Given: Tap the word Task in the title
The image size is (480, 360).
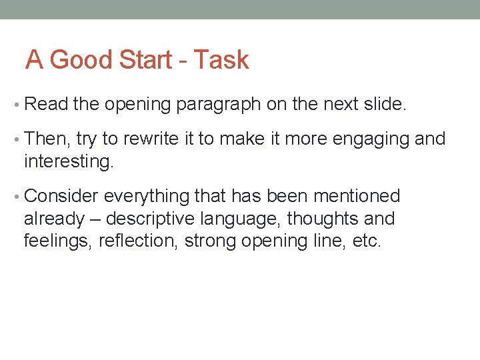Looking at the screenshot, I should coord(222,60).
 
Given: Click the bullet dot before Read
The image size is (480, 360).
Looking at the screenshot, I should coord(17,105).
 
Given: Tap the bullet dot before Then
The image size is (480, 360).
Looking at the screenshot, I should coord(17,139).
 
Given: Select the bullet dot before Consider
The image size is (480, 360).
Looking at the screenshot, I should coord(17,197).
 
